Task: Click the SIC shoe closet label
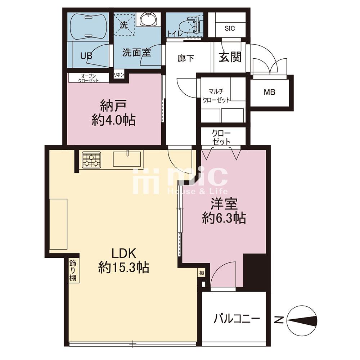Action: pos(230,28)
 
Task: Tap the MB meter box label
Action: pos(269,92)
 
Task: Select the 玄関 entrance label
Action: pos(230,57)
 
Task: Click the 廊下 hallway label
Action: pos(186,58)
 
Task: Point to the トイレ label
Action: pos(175,33)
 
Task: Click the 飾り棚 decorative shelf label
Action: pos(73,270)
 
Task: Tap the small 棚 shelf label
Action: pos(202,273)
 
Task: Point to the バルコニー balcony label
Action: pos(237,319)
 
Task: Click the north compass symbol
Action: pos(302,320)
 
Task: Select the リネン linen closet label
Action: pos(119,75)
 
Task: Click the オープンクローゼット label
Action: pos(89,78)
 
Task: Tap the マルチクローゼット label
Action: pos(216,95)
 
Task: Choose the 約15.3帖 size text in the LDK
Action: pos(124,267)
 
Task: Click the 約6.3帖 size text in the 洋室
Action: pos(224,218)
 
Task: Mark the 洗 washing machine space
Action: pos(124,25)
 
